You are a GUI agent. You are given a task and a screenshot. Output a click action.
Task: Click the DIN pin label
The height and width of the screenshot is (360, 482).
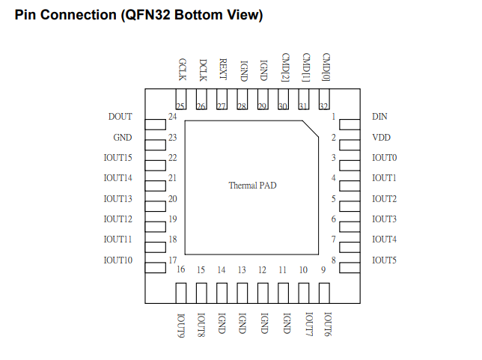tap(379, 117)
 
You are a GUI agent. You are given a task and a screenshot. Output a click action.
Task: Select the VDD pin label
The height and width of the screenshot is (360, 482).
tap(381, 138)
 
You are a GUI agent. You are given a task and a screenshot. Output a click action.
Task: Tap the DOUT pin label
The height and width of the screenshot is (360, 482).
tap(120, 117)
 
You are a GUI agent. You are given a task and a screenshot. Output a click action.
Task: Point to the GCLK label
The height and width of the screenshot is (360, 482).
tap(181, 69)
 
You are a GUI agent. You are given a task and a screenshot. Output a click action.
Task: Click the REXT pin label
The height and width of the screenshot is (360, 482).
tap(222, 69)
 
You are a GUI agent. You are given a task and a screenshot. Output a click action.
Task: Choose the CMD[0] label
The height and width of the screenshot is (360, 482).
tap(326, 67)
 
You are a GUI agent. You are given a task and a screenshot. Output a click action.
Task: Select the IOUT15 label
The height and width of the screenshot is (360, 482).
tap(118, 158)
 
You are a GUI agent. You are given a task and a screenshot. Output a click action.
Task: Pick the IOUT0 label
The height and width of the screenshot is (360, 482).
tap(384, 158)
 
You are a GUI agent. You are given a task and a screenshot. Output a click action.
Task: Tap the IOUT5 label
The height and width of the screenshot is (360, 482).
tap(384, 260)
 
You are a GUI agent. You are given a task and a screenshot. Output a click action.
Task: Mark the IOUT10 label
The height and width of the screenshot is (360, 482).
tap(118, 260)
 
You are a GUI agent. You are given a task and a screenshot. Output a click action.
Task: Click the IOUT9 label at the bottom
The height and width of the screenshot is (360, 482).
tap(181, 326)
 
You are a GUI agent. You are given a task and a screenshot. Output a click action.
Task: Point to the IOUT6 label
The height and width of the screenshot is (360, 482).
tap(326, 326)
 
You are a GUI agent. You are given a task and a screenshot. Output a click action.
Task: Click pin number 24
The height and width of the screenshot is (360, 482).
tap(172, 117)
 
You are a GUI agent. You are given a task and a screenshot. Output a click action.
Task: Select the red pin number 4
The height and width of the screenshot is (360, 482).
tap(333, 178)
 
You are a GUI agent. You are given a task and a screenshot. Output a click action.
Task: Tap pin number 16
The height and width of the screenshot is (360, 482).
tap(181, 270)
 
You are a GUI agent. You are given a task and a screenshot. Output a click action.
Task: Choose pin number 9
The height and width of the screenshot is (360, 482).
tap(323, 270)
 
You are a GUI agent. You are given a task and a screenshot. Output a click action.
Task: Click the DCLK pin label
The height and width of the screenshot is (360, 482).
tap(202, 69)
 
